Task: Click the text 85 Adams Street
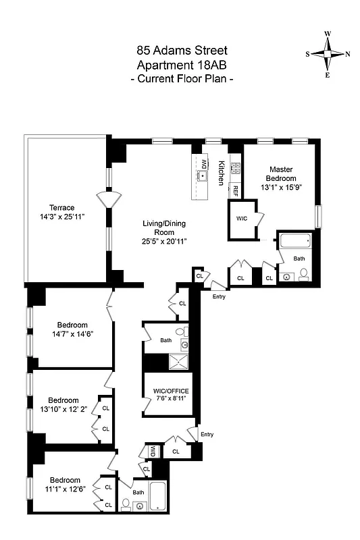(x=182, y=50)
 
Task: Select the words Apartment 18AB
(x=182, y=65)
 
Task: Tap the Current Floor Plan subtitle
(x=182, y=79)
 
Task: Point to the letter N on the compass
(x=347, y=55)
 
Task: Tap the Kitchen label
(x=221, y=173)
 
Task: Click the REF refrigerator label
(x=236, y=190)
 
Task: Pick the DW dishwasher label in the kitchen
(x=203, y=163)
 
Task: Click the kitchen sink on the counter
(x=203, y=176)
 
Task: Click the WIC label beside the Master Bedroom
(x=242, y=219)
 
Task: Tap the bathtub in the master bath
(x=293, y=241)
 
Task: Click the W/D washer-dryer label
(x=153, y=451)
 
